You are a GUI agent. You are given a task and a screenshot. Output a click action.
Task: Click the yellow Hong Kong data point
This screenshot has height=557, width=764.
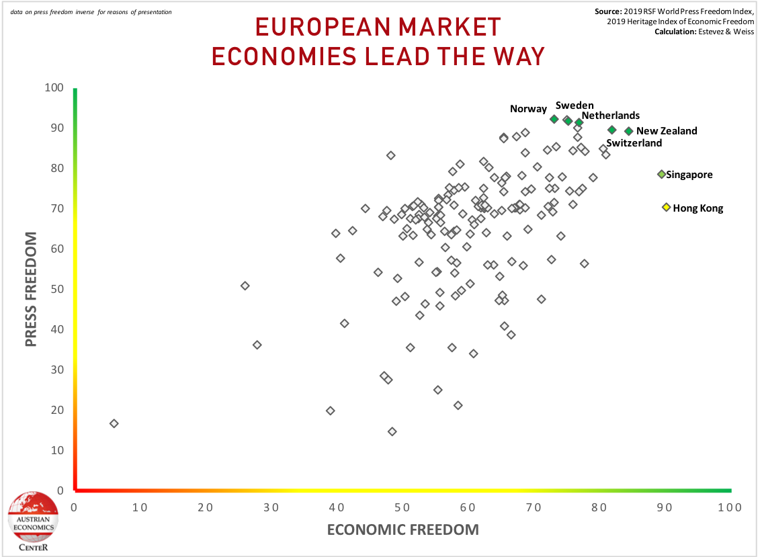[x=666, y=208]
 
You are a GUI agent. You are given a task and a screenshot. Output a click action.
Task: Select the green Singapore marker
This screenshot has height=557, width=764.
[x=661, y=174]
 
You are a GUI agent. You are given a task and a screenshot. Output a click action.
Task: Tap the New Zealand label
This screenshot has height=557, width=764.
[x=667, y=131]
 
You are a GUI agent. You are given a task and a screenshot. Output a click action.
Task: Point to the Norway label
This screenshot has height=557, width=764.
[x=528, y=109]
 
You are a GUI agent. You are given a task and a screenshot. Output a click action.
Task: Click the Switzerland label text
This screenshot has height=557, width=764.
[x=634, y=143]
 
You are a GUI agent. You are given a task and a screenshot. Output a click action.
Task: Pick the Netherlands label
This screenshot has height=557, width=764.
[x=610, y=116]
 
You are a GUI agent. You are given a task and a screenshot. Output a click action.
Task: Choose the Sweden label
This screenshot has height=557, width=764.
[x=574, y=105]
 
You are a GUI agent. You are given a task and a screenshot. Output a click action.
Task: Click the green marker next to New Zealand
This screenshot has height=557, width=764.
[x=629, y=131]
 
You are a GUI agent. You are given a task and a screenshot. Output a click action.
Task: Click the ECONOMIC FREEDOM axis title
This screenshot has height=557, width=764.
[x=402, y=529]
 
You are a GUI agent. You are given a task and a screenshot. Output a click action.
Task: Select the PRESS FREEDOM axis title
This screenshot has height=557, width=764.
[x=31, y=290]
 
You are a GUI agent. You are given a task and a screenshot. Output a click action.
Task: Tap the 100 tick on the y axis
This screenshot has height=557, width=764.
[x=54, y=88]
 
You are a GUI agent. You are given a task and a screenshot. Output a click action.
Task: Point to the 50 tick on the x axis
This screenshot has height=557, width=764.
[x=402, y=507]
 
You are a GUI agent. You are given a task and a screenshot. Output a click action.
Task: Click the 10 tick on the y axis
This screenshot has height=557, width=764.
[x=57, y=450]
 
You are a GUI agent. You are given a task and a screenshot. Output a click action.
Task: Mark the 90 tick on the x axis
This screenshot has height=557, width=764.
[x=664, y=507]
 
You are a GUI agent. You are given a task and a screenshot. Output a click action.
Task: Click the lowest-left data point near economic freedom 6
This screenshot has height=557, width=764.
[x=114, y=423]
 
